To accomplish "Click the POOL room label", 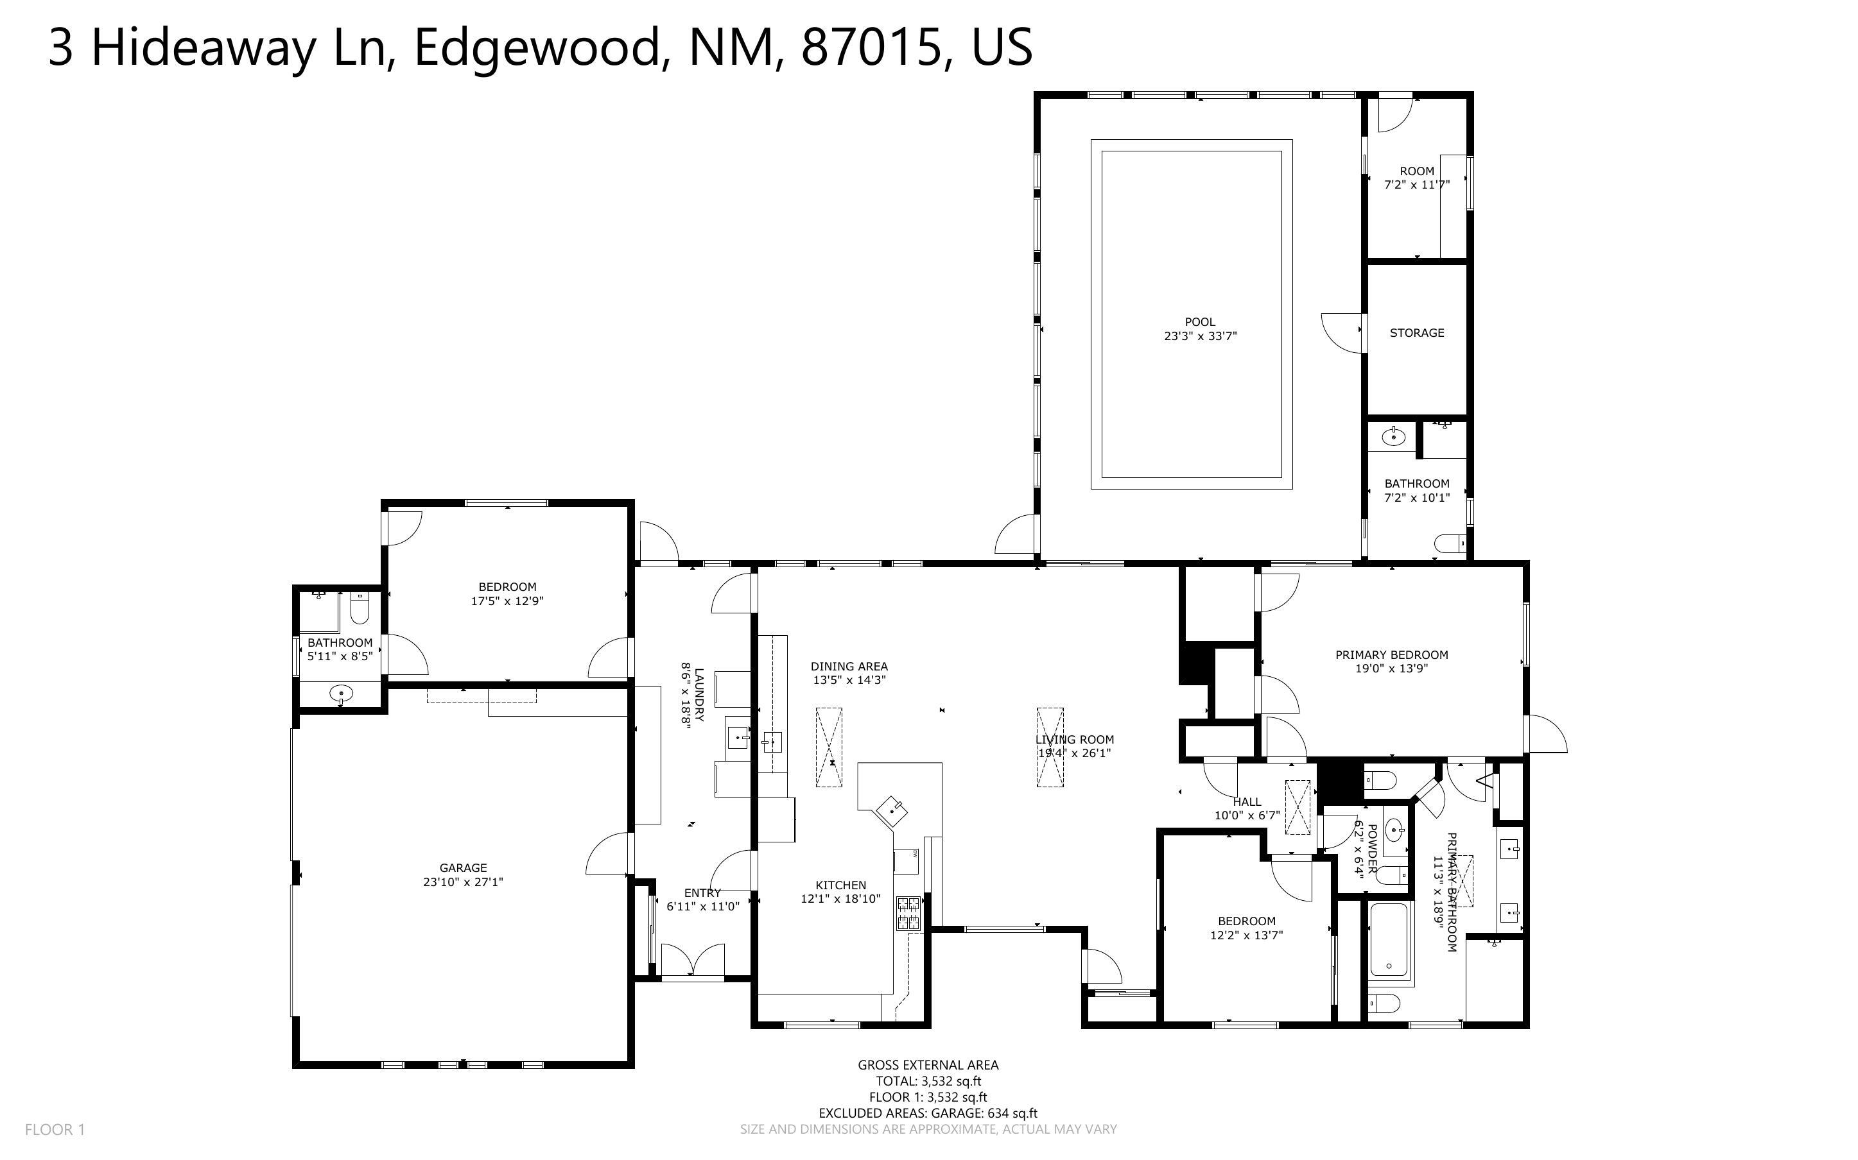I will (x=1199, y=322).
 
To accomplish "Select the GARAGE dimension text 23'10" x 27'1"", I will (x=463, y=882).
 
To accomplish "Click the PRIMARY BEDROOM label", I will (x=1391, y=654).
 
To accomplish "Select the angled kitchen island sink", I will (x=892, y=810).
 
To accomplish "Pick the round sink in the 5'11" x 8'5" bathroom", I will (x=341, y=694).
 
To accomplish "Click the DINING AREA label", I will (x=849, y=666).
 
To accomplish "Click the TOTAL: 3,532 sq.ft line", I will (x=928, y=1081).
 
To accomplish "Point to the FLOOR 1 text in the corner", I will (x=55, y=1129).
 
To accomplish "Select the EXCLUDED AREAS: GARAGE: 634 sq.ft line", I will (x=928, y=1113).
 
